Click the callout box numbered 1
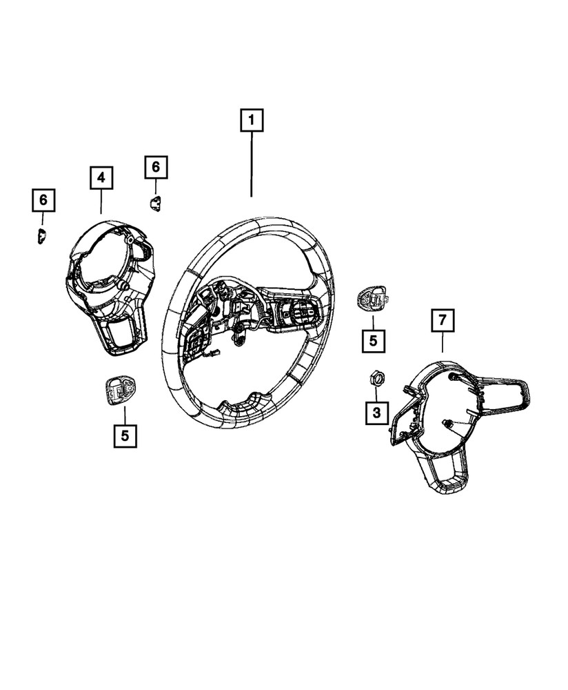click(252, 121)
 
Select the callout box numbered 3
click(376, 413)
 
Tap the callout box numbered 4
click(101, 178)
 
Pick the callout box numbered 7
click(443, 321)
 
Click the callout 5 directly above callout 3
click(372, 340)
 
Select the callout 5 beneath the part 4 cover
click(125, 435)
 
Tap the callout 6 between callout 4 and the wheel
click(156, 167)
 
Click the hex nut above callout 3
click(376, 377)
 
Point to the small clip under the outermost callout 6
click(41, 235)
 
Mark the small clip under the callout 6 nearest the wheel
click(155, 202)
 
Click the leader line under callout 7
click(443, 343)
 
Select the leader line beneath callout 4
click(101, 201)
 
